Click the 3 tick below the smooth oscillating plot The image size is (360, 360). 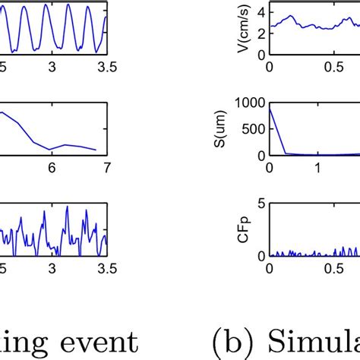pos(52,66)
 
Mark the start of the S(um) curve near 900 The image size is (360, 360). pos(270,108)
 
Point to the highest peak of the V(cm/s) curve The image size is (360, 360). pos(289,15)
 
